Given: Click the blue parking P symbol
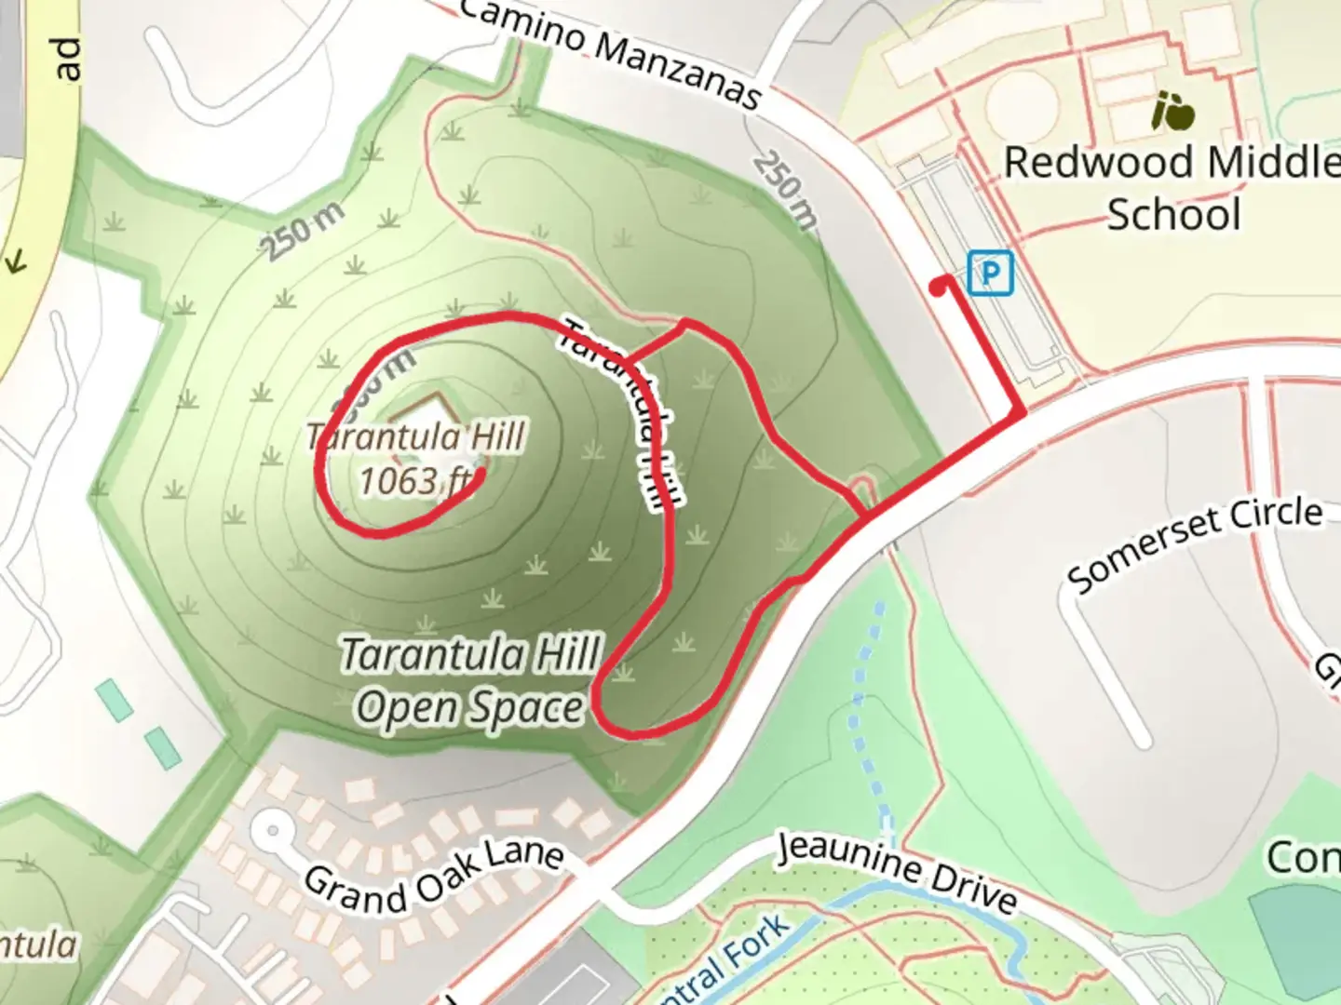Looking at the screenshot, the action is (x=990, y=274).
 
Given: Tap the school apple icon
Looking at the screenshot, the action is (x=1172, y=113).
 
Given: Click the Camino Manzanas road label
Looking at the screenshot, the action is (x=611, y=51).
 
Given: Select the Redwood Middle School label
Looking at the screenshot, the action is (x=1172, y=188).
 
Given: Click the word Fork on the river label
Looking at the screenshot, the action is (x=756, y=940).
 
